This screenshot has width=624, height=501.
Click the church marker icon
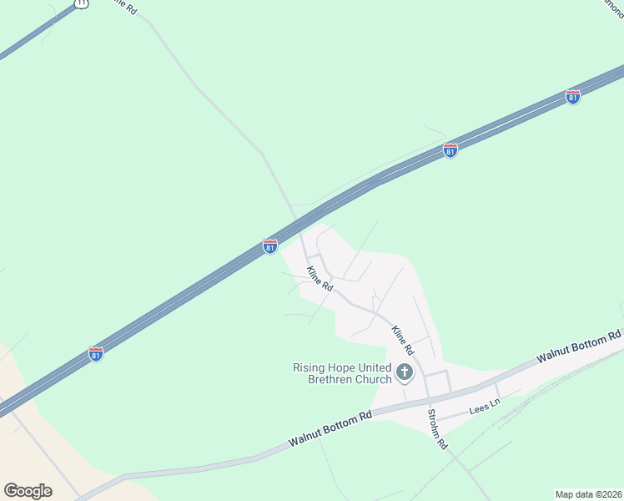(405, 372)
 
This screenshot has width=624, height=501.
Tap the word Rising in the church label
(310, 367)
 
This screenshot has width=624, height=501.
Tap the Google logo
(28, 491)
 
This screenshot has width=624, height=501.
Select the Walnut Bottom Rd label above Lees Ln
(579, 346)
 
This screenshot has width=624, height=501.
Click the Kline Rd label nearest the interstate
(320, 278)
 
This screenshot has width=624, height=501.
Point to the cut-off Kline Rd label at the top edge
(124, 6)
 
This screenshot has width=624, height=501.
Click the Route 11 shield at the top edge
(80, 3)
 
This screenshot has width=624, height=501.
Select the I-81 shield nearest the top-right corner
(572, 97)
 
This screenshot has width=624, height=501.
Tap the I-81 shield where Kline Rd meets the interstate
(269, 246)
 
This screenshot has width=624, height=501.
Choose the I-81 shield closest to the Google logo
(96, 354)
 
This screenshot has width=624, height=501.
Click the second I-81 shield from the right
(450, 150)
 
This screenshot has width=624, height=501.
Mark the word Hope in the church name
(346, 367)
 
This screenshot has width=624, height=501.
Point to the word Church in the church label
(374, 379)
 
